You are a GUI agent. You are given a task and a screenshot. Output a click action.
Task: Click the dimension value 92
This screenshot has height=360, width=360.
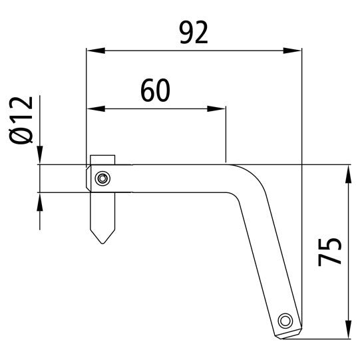pyautogui.click(x=194, y=33)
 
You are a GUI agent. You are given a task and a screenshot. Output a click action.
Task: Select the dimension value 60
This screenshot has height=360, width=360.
pyautogui.click(x=155, y=90)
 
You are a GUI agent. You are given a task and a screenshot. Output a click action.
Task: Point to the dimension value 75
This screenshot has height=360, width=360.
pyautogui.click(x=331, y=250)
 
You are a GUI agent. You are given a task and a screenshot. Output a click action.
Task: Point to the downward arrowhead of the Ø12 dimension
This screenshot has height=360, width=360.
pyautogui.click(x=40, y=155)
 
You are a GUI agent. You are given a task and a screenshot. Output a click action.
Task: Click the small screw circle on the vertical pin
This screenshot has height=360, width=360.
pyautogui.click(x=102, y=178)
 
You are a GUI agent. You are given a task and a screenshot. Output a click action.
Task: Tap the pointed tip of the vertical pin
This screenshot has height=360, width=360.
pyautogui.click(x=102, y=242)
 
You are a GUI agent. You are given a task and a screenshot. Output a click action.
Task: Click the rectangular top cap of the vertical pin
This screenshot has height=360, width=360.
pyautogui.click(x=102, y=160)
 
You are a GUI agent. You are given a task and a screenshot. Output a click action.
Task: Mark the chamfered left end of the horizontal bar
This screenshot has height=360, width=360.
pyautogui.click(x=89, y=178)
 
